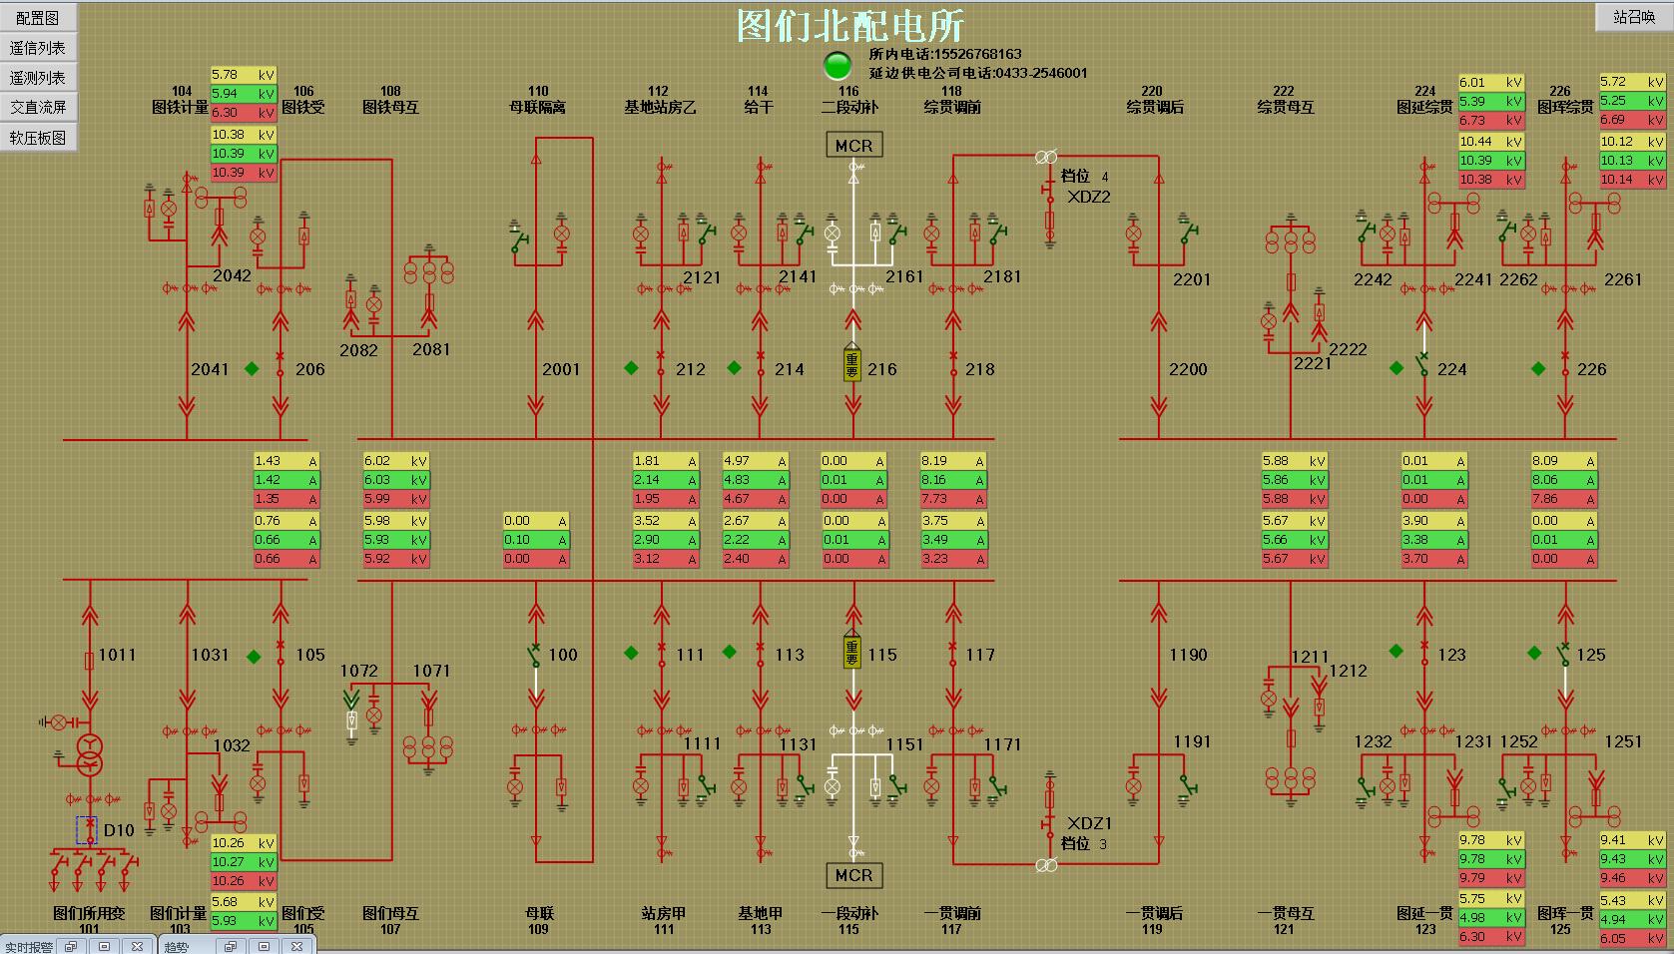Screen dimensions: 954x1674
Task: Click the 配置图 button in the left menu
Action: point(38,18)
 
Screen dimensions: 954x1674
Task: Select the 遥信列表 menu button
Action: point(38,48)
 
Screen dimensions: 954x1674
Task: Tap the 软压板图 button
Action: point(38,138)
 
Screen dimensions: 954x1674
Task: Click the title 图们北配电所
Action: point(850,25)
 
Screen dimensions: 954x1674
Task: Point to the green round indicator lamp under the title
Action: point(837,65)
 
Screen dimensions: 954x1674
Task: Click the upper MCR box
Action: point(853,146)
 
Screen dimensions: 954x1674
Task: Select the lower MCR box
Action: point(853,875)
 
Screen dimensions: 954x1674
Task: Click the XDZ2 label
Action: point(1089,197)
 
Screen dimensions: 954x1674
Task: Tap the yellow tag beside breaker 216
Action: point(851,364)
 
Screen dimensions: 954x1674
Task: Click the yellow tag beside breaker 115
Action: point(851,652)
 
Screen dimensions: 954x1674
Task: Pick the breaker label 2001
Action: point(561,369)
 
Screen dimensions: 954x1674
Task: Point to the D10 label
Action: point(119,830)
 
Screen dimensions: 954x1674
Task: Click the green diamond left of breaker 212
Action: point(631,368)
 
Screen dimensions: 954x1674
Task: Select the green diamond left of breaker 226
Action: point(1538,368)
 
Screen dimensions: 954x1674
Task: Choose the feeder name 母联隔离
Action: point(537,107)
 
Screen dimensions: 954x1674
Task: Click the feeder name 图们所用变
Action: point(89,913)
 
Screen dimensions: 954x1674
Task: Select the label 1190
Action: point(1188,655)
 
